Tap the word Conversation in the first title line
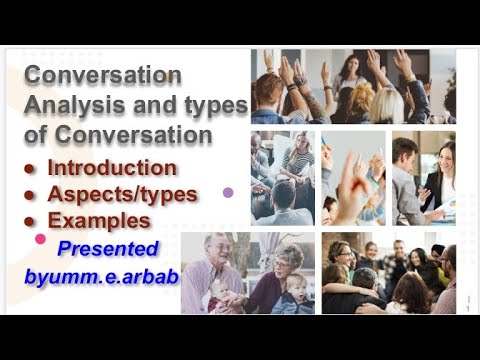pyautogui.click(x=104, y=76)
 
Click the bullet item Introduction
pyautogui.click(x=112, y=167)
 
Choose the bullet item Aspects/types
pyautogui.click(x=123, y=194)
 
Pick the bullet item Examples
pyautogui.click(x=99, y=220)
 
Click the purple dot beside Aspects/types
pyautogui.click(x=228, y=191)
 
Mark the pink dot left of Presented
pyautogui.click(x=41, y=239)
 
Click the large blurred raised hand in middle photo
pyautogui.click(x=352, y=185)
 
